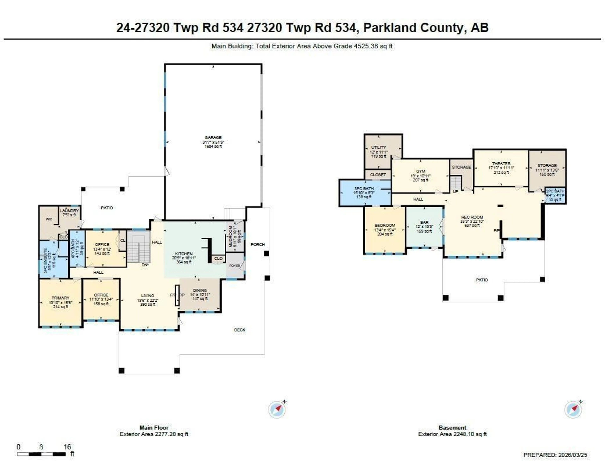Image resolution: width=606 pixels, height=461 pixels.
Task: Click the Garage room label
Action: tap(213, 138)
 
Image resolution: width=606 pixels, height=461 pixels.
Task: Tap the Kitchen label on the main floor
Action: tap(184, 254)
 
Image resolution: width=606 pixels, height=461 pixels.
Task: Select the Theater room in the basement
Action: tap(501, 164)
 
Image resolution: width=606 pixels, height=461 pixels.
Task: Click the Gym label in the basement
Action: tap(421, 171)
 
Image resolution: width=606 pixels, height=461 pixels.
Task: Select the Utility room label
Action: tap(379, 147)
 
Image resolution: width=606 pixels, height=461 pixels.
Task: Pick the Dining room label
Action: tap(200, 290)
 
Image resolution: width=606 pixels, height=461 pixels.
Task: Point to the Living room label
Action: tap(148, 296)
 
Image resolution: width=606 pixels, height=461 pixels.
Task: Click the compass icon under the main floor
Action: tap(277, 409)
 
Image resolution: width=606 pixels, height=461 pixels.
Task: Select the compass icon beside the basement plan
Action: tap(573, 409)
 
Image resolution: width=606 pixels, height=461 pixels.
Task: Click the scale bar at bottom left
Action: tap(41, 454)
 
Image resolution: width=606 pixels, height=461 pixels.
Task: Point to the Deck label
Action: tap(240, 330)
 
